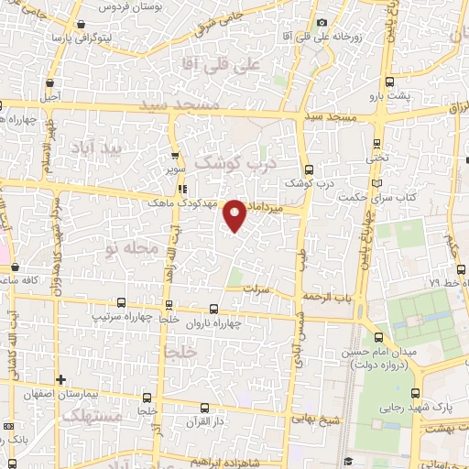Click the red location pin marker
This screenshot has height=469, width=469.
pos(234,214)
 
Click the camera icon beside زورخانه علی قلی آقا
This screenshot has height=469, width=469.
pos(321,23)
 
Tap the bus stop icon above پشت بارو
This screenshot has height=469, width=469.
pos(391,82)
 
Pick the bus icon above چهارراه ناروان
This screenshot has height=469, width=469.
pos(213,309)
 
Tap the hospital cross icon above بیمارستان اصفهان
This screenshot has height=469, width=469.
pos(60,379)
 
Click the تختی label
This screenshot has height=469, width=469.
pos(377,158)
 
